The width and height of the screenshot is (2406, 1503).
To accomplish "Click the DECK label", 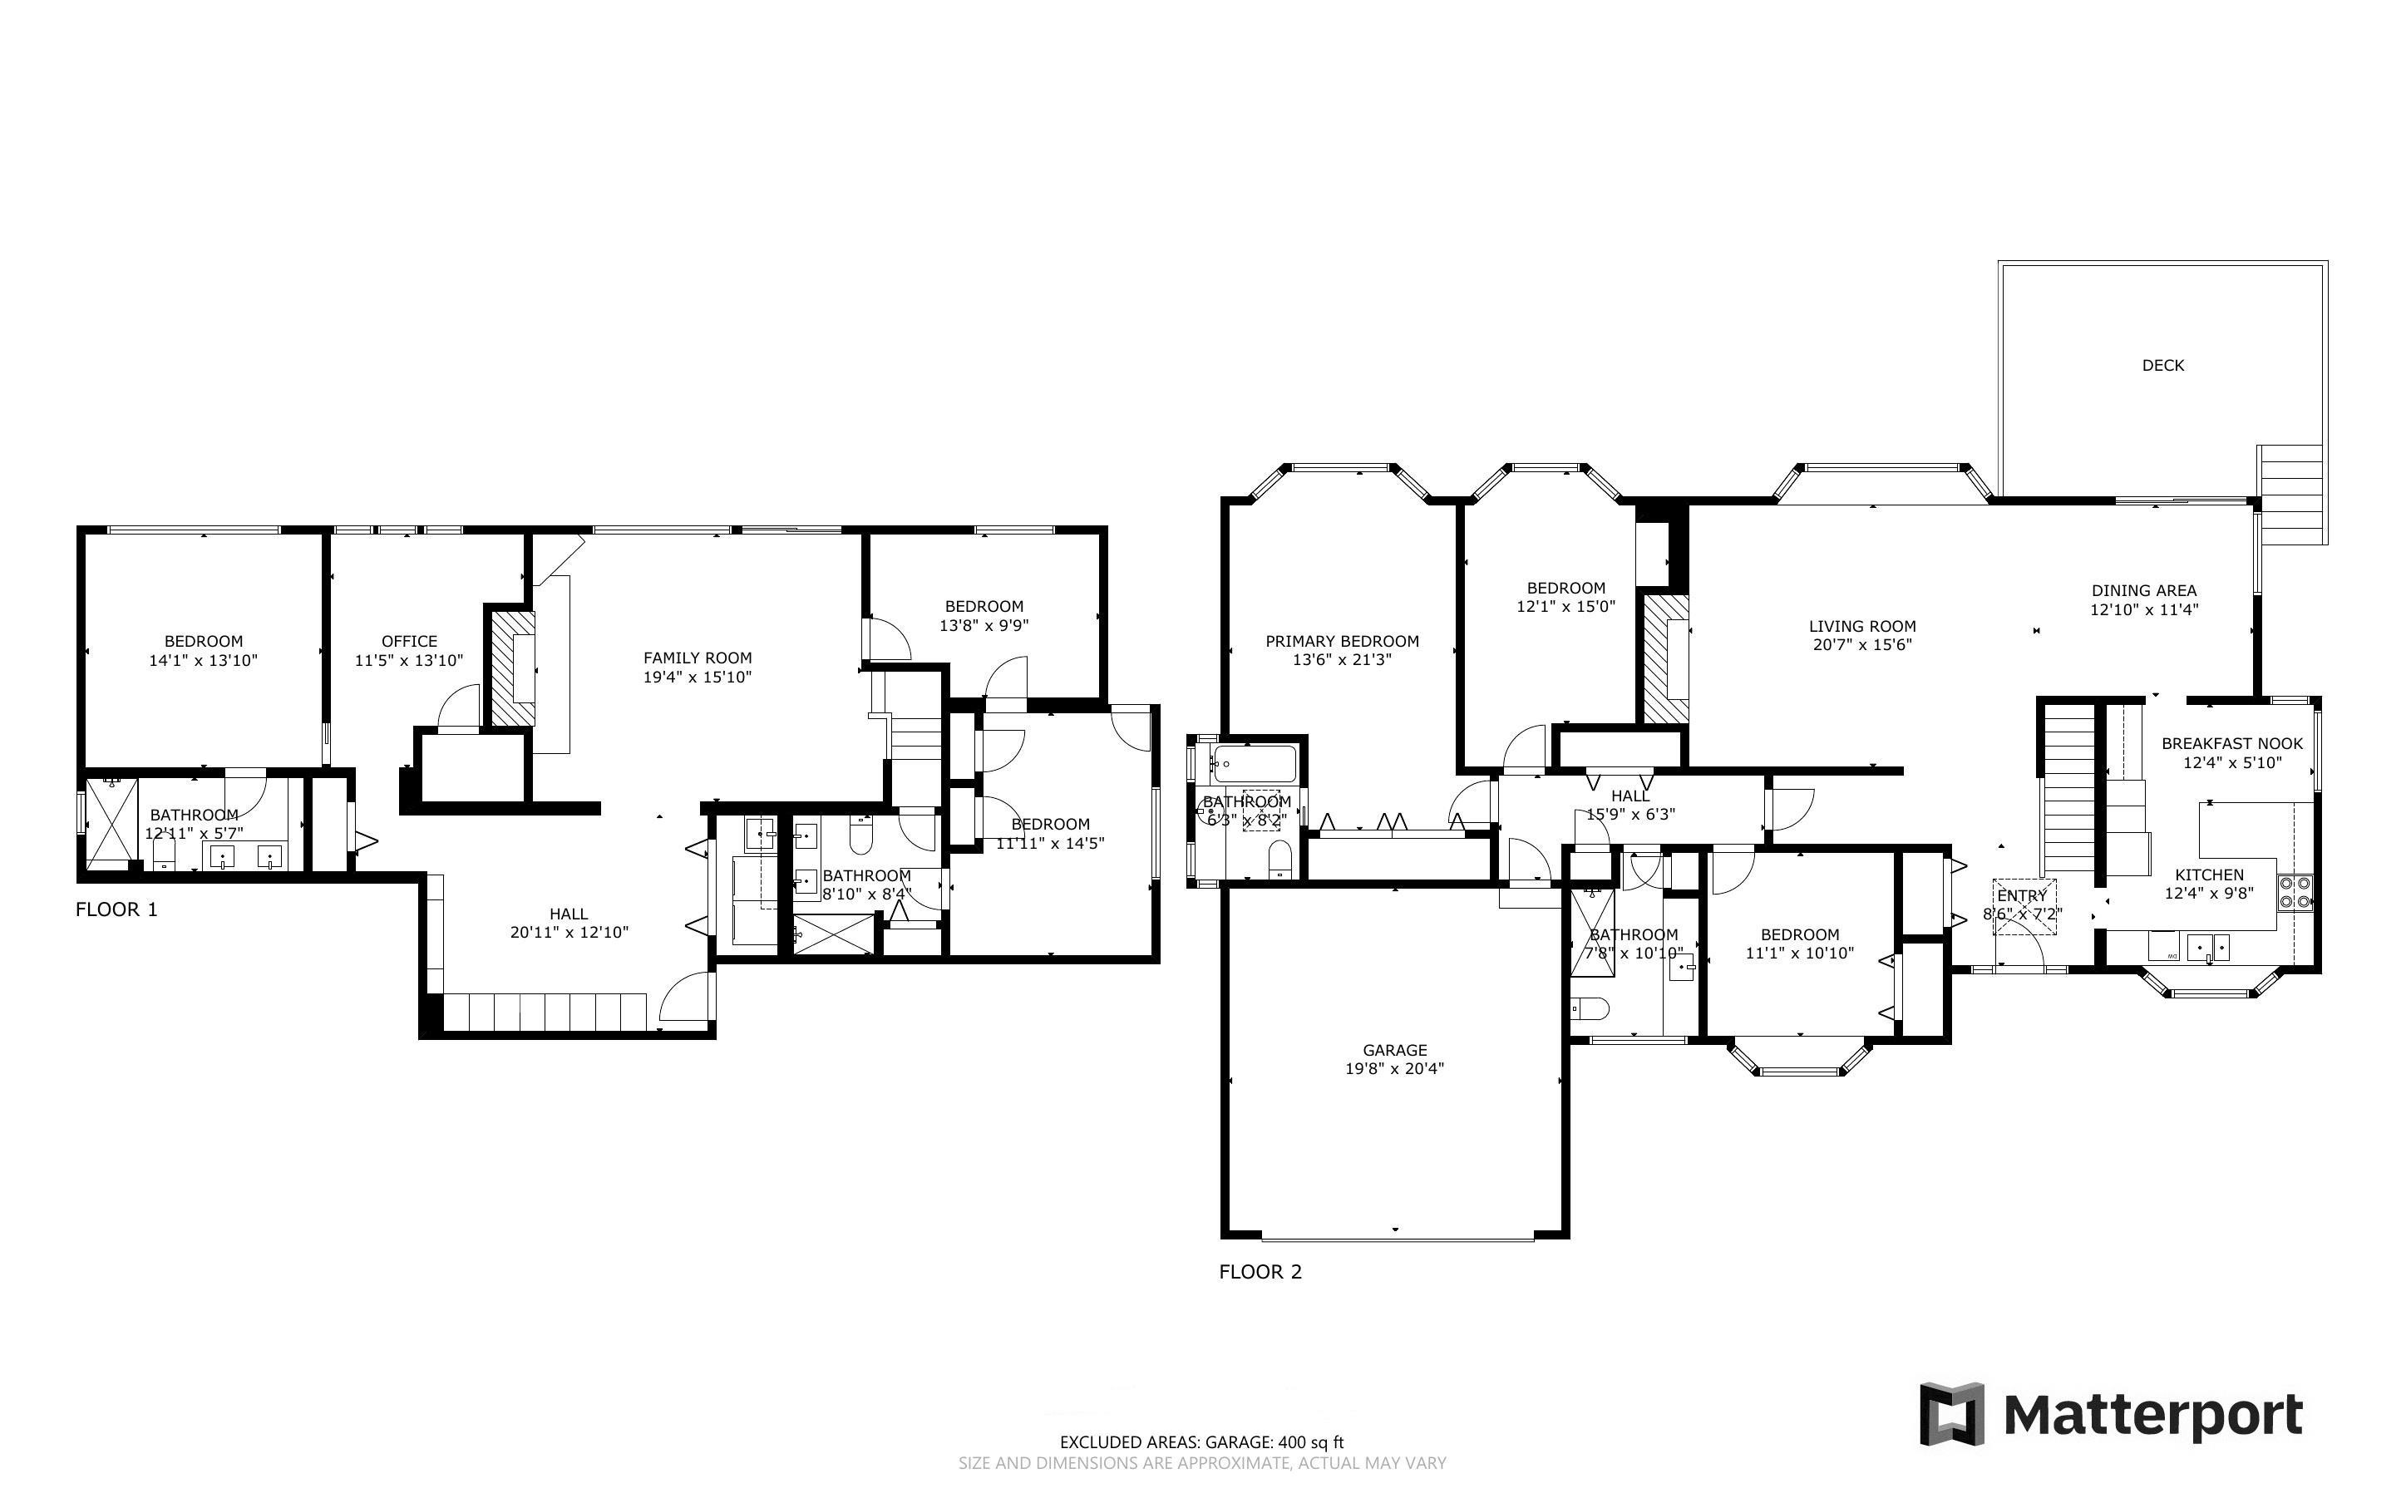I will click(x=2162, y=366).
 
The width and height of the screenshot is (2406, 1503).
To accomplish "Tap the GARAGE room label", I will click(x=1394, y=1050).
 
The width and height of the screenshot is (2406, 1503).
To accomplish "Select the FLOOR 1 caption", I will click(x=116, y=909).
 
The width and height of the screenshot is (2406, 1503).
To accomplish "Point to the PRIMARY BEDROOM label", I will click(x=1342, y=641).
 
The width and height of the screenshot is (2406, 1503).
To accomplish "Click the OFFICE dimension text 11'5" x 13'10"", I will click(x=408, y=660).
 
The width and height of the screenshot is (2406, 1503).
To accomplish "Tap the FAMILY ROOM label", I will click(x=697, y=657).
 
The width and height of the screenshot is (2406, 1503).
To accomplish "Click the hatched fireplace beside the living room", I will click(x=1664, y=658).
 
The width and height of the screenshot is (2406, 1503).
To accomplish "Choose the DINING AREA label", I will click(x=2143, y=590).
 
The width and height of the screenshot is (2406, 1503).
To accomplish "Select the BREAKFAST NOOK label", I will click(x=2231, y=743).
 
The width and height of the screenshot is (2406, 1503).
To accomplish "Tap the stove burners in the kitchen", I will click(x=2295, y=893).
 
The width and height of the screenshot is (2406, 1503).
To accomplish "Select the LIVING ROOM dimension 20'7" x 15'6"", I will click(x=1861, y=645).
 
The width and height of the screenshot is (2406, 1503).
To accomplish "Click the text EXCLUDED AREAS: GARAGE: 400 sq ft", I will click(x=1201, y=1442).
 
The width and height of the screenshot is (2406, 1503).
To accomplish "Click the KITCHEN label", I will click(x=2208, y=875).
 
